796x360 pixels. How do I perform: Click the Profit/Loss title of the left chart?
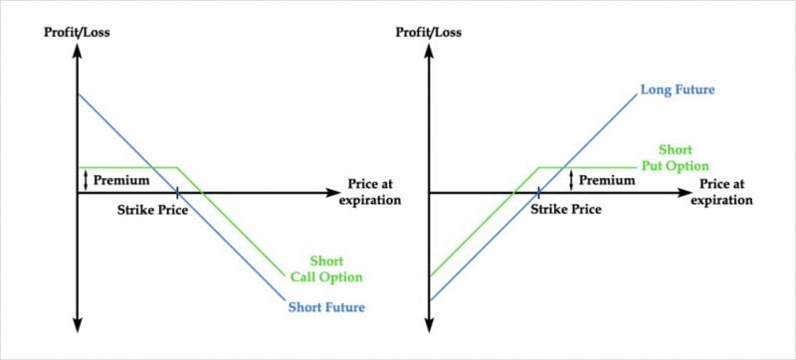click(x=77, y=33)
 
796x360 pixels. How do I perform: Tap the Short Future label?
click(x=325, y=306)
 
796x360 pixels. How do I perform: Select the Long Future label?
click(x=680, y=90)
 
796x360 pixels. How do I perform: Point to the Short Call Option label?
click(x=326, y=270)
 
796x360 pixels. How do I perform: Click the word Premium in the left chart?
click(x=121, y=180)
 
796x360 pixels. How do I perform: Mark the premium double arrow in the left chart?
click(x=87, y=180)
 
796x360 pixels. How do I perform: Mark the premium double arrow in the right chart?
click(x=571, y=180)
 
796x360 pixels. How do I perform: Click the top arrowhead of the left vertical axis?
click(x=77, y=52)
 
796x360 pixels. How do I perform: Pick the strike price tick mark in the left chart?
click(x=176, y=191)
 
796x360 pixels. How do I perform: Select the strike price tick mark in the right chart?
click(x=538, y=191)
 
